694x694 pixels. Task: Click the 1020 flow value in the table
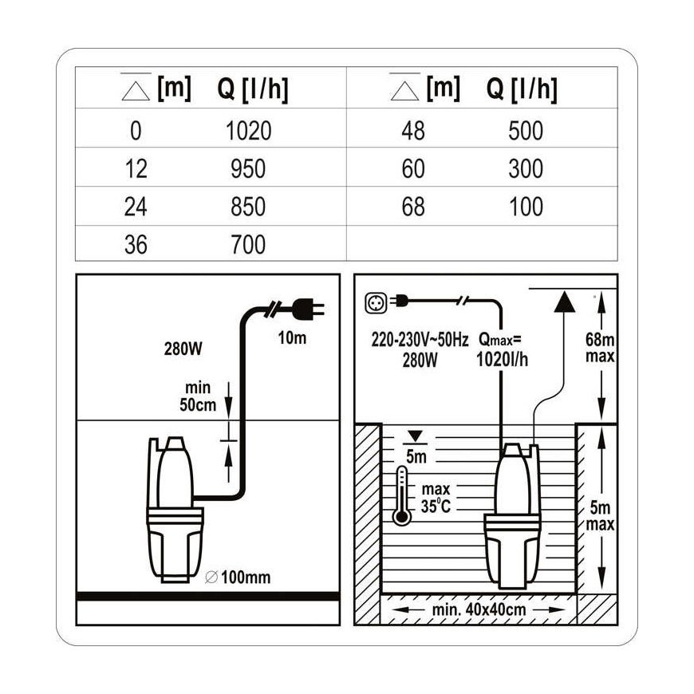[x=248, y=131]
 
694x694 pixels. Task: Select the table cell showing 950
[x=248, y=168]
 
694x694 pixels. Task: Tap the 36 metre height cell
[x=136, y=244]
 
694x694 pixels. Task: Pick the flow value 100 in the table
[x=526, y=207]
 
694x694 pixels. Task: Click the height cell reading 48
[x=413, y=131]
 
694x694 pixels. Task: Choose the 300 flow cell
[x=526, y=168]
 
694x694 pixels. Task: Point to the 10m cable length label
[x=292, y=337]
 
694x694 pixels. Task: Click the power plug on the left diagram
[x=309, y=309]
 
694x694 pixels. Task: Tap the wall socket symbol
[x=376, y=303]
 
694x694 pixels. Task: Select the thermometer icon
[x=402, y=495]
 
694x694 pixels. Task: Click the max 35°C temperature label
[x=436, y=498]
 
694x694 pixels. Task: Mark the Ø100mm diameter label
[x=238, y=577]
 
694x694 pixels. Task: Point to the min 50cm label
[x=197, y=396]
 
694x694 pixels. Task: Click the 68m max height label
[x=600, y=348]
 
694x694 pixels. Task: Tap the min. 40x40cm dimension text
[x=479, y=609]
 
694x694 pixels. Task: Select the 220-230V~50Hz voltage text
[x=420, y=340]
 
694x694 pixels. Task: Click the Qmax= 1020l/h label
[x=502, y=350]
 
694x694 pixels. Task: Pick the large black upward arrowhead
[x=564, y=302]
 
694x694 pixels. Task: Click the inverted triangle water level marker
[x=415, y=436]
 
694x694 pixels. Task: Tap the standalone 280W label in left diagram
[x=183, y=349]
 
